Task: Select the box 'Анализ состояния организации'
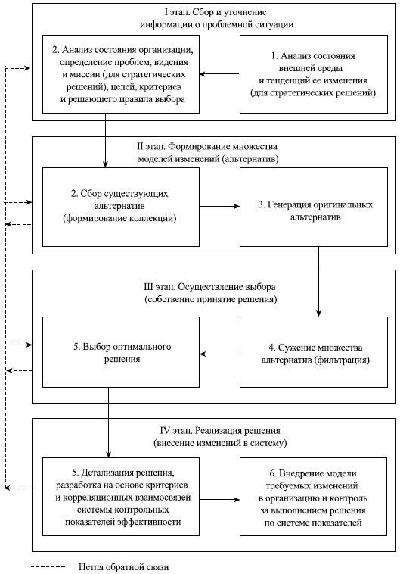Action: click(120, 73)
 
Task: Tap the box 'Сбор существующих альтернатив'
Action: click(120, 206)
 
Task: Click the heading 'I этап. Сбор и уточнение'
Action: click(216, 13)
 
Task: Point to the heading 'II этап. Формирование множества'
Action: click(216, 145)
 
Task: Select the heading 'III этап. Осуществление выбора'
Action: click(216, 287)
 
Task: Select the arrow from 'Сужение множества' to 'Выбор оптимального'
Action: click(219, 352)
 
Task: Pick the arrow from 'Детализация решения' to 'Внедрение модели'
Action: click(219, 500)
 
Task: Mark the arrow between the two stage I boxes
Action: click(219, 73)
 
